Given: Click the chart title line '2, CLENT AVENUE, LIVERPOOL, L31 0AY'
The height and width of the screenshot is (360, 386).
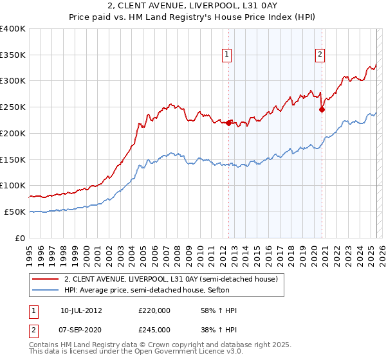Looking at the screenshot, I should click(192, 6).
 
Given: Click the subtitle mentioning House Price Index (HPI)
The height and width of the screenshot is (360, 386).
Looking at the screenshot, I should click(192, 17).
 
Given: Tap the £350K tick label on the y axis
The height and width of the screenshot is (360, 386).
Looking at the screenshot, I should click(12, 55).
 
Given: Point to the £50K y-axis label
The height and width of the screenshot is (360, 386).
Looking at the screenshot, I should click(15, 212).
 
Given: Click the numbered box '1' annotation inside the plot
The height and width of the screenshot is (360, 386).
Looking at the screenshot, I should click(228, 55).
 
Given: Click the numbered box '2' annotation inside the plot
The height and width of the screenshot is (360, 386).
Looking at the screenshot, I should click(320, 55).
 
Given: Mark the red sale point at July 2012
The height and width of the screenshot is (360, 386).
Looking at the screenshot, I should click(228, 123).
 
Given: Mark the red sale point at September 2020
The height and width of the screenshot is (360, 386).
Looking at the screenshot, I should click(322, 109).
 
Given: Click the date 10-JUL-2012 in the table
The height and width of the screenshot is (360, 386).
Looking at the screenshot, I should click(82, 310).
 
